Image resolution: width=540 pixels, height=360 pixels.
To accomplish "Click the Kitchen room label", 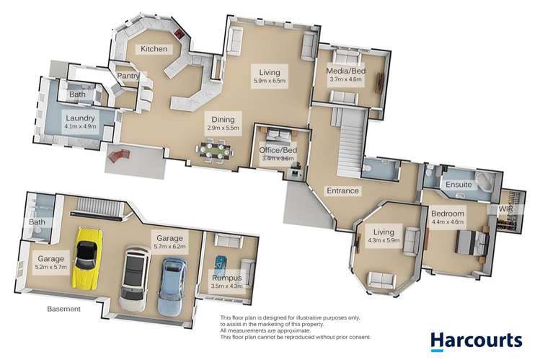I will click(x=154, y=49).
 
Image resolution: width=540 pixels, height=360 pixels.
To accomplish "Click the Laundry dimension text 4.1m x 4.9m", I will click(x=80, y=127).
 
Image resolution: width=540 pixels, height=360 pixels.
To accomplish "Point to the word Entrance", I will click(x=342, y=190).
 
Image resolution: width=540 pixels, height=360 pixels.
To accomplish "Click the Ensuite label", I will click(x=459, y=185).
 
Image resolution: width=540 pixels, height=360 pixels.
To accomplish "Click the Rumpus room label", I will click(x=226, y=277).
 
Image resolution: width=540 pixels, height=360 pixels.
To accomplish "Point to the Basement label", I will click(x=63, y=309).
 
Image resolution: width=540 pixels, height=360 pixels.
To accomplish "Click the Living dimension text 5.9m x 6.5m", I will click(x=270, y=82).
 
